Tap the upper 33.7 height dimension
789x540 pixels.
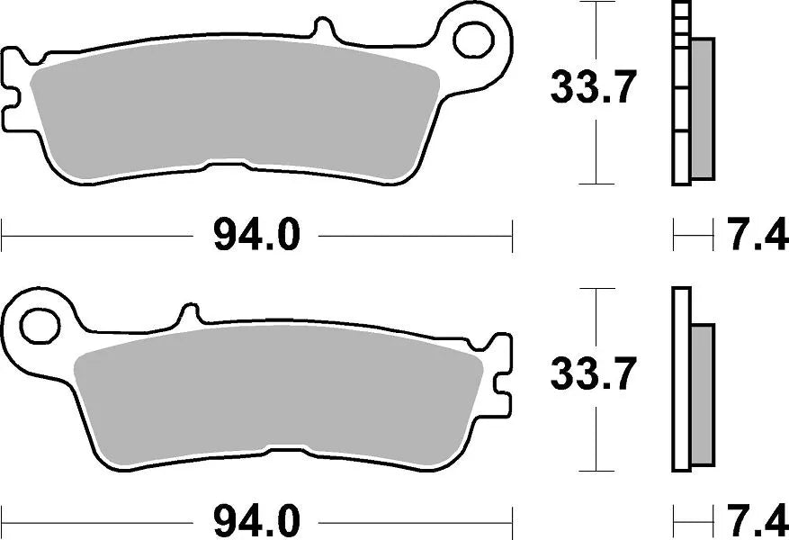(x=594, y=88)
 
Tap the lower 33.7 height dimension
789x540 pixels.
(x=594, y=373)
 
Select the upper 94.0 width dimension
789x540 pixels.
(x=256, y=238)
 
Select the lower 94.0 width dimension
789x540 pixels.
(x=256, y=520)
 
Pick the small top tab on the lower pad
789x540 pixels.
(x=189, y=315)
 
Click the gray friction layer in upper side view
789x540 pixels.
(x=703, y=108)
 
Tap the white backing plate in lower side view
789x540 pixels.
(x=682, y=378)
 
